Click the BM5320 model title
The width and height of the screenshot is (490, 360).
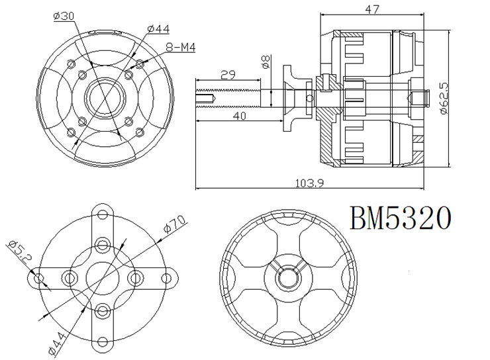(401, 218)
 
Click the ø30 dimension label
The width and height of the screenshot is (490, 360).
(64, 16)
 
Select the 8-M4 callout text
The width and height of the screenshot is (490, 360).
(180, 48)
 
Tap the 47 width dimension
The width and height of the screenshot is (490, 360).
(372, 9)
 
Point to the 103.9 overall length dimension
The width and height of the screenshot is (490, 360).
(309, 183)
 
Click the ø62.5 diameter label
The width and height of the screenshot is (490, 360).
(444, 98)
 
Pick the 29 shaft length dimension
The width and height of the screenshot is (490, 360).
(228, 75)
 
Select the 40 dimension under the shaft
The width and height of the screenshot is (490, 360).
(240, 116)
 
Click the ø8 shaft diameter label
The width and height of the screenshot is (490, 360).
(266, 62)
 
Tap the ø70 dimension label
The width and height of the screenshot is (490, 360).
(175, 224)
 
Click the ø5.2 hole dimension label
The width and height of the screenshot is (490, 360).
(19, 252)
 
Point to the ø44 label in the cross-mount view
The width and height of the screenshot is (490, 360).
(58, 343)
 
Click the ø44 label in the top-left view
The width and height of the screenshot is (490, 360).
(158, 29)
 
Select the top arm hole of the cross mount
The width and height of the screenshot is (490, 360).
(102, 214)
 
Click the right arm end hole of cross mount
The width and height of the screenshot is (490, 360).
(167, 278)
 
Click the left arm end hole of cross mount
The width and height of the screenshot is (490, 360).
(38, 278)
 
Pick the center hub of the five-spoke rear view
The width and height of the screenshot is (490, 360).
(288, 277)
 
